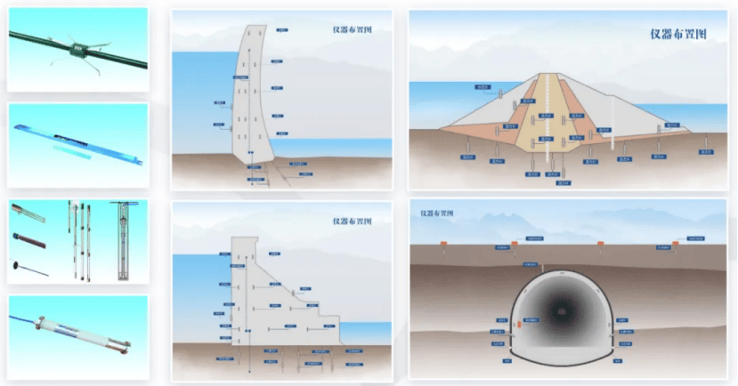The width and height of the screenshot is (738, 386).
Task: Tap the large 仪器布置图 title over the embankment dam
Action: (677, 34)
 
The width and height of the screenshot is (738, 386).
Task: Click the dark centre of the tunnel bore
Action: (560, 311)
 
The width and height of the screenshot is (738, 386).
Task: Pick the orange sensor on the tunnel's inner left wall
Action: (517, 326)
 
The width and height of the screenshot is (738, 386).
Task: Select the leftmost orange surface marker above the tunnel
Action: (514, 243)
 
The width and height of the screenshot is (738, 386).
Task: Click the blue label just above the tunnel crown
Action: (531, 264)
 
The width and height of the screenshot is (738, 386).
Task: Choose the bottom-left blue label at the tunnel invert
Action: (507, 360)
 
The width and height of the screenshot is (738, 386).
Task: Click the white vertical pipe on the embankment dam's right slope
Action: (613, 121)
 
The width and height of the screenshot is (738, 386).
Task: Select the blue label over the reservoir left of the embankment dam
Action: (483, 87)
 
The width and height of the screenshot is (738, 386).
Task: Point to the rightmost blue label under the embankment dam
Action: (709, 151)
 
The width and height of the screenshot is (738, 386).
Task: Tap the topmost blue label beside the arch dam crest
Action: (282, 29)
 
